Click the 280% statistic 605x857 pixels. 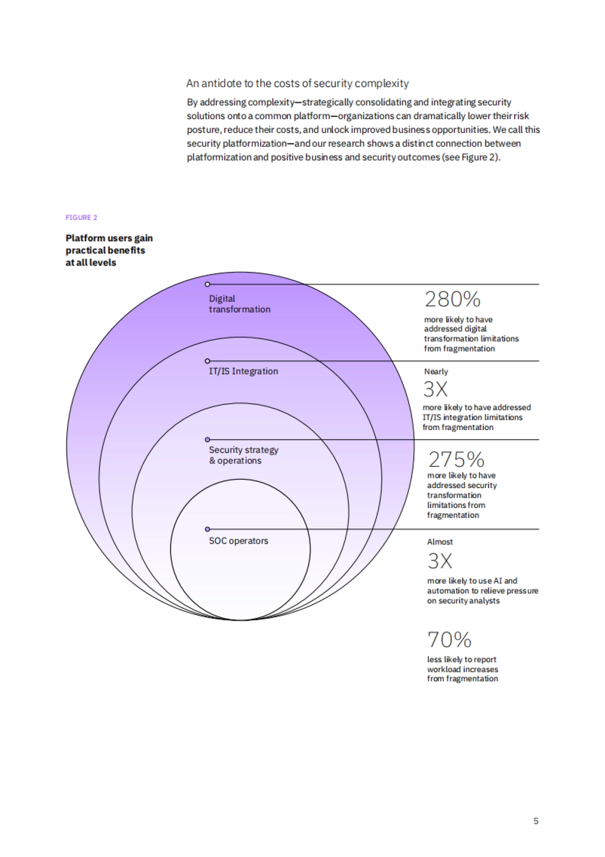click(x=452, y=299)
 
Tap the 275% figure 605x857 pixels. click(x=456, y=459)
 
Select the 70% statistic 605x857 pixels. click(x=449, y=639)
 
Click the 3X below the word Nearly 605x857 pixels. click(x=436, y=389)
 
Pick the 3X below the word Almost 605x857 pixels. click(x=440, y=561)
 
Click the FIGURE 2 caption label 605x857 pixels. click(x=81, y=218)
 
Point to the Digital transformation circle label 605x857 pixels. click(x=239, y=304)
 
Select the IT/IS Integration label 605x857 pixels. click(x=244, y=371)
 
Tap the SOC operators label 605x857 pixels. click(x=238, y=541)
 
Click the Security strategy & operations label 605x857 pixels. click(x=244, y=455)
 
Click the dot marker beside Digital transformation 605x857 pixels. click(x=207, y=285)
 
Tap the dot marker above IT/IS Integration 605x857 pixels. click(x=207, y=361)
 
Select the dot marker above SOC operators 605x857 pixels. click(x=207, y=529)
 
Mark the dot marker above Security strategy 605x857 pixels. click(x=207, y=440)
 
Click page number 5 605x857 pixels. click(x=536, y=821)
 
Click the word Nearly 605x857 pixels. click(x=436, y=371)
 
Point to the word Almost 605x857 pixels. click(x=440, y=542)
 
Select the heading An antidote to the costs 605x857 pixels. click(x=297, y=83)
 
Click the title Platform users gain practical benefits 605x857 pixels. click(x=109, y=250)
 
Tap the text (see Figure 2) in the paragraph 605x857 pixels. click(x=471, y=157)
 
